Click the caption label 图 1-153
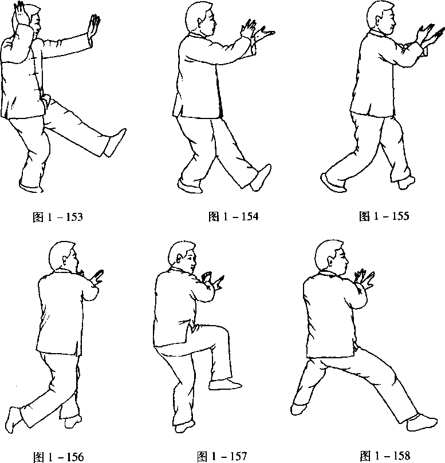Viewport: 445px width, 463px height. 58,217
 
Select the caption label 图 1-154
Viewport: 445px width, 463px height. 233,216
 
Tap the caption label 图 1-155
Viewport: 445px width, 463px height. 384,216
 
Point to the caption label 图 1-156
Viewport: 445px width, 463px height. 58,457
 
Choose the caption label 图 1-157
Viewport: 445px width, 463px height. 222,456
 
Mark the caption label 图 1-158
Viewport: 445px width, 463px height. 385,456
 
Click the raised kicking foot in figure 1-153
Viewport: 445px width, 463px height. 115,143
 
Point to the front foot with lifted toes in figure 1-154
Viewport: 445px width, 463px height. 261,177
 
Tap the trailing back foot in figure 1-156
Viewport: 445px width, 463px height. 14,420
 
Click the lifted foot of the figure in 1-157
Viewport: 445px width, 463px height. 225,385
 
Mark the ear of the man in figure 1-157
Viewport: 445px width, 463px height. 179,259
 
